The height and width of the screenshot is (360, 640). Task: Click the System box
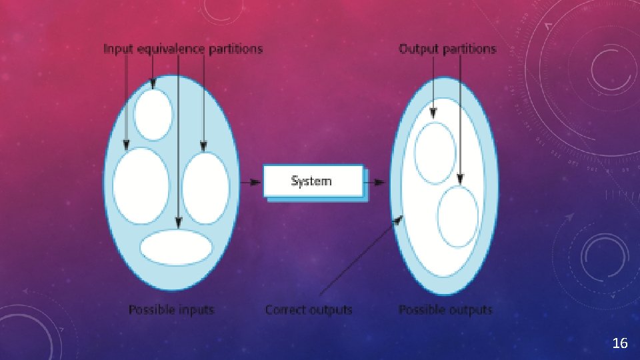(313, 181)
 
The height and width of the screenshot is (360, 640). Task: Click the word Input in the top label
(118, 49)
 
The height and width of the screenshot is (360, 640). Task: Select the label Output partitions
(447, 49)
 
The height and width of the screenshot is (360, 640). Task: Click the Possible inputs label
(171, 309)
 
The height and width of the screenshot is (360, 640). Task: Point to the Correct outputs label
(308, 309)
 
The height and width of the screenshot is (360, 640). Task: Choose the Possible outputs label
(445, 309)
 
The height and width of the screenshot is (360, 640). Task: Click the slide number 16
(619, 343)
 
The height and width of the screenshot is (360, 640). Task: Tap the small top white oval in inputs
(153, 115)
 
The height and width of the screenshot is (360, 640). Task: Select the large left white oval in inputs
(141, 185)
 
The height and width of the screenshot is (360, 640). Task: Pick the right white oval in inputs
(205, 188)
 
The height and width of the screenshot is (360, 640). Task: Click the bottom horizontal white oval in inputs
(176, 247)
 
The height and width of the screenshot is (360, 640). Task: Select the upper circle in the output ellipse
(435, 153)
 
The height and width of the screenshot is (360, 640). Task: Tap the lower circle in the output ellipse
(457, 217)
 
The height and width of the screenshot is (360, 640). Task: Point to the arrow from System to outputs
(377, 181)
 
